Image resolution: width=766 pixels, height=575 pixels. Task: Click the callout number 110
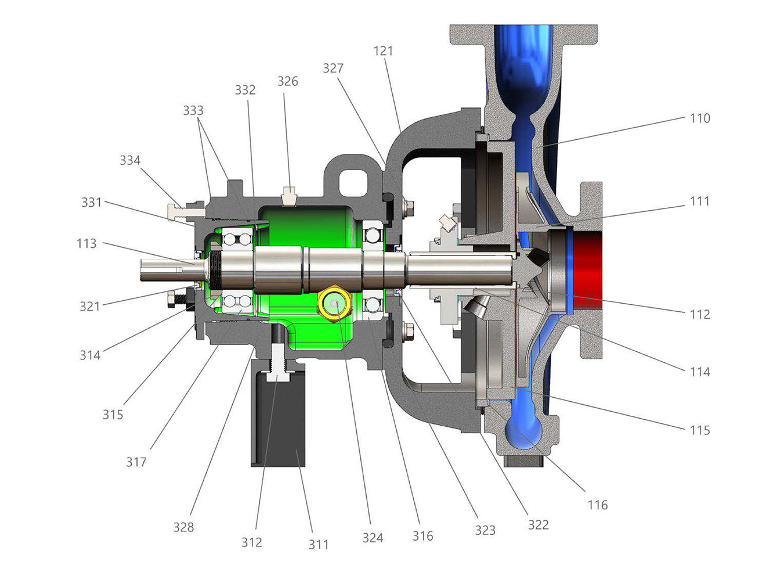click(700, 118)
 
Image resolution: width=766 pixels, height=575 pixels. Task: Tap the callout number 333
click(193, 111)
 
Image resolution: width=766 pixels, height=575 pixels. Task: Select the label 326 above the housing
click(288, 81)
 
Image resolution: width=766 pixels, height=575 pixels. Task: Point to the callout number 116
click(598, 505)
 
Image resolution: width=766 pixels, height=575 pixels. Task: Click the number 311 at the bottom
click(318, 545)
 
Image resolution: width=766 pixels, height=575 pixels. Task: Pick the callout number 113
click(86, 243)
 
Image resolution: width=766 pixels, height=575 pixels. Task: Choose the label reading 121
click(383, 51)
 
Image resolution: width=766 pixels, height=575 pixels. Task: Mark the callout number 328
click(183, 527)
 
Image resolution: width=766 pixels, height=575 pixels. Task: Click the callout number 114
click(700, 372)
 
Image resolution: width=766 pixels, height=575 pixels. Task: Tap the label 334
click(130, 161)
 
